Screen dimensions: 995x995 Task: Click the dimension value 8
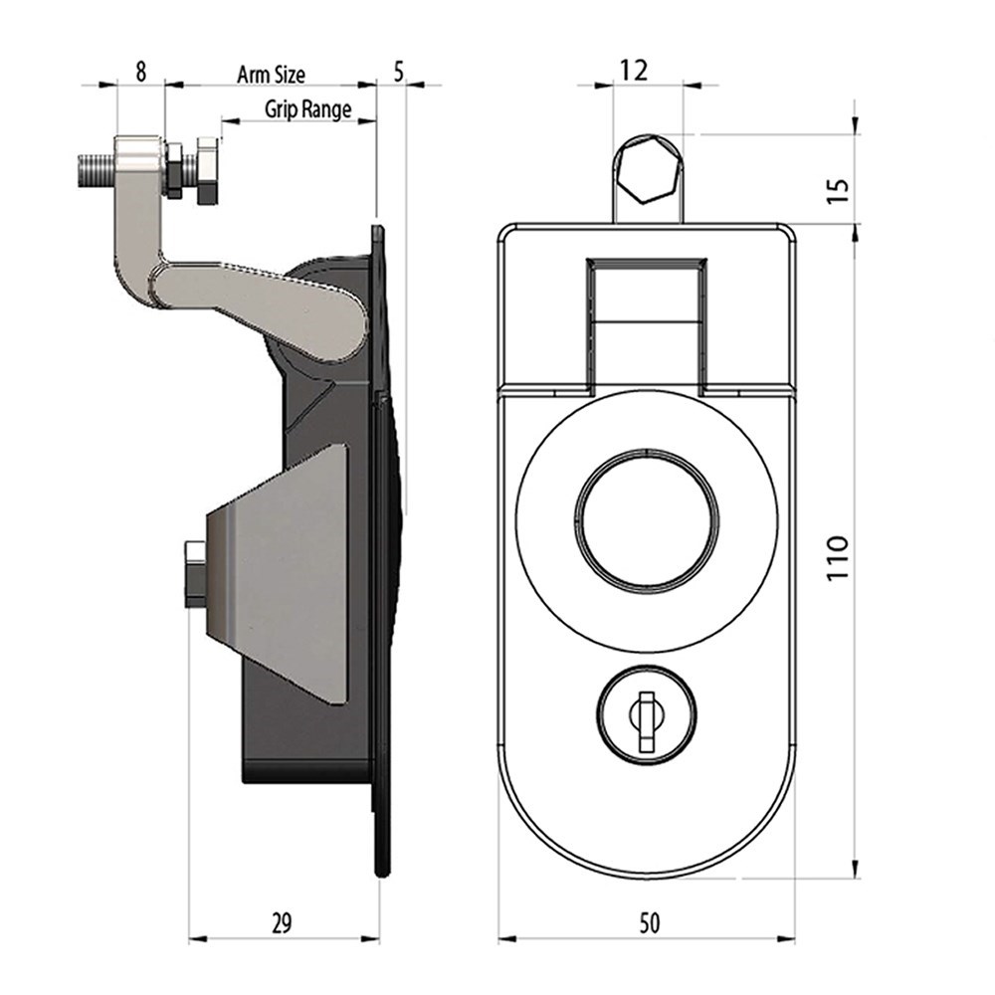coord(141,71)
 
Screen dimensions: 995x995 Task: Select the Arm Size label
coord(271,75)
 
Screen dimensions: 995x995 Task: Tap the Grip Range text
coord(307,109)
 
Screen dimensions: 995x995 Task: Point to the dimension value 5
coord(398,72)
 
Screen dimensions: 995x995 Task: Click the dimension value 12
coord(634,70)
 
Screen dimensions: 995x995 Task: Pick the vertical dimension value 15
coord(838,190)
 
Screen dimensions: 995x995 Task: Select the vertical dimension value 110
coord(838,556)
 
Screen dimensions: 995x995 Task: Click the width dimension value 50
coord(649,922)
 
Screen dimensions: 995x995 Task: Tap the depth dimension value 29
coord(282,922)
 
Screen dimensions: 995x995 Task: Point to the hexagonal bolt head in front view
coord(648,170)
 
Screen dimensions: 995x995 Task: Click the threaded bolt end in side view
coord(98,169)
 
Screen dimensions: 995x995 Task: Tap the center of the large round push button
coord(647,517)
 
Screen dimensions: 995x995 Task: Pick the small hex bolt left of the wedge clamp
coord(195,574)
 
